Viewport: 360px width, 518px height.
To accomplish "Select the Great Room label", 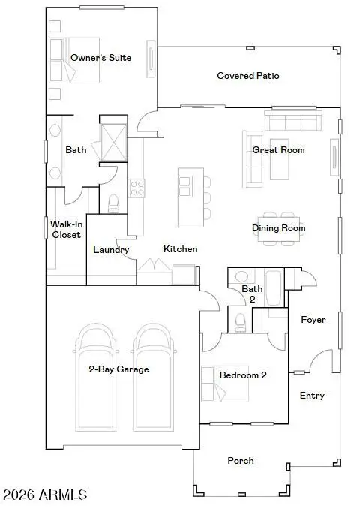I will click(x=278, y=150).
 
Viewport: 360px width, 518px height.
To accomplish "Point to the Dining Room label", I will click(x=278, y=228).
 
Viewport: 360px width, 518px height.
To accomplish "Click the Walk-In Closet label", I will click(x=65, y=229).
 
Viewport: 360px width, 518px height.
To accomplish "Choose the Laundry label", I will click(x=111, y=250).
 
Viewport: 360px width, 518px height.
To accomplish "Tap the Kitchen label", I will click(x=180, y=249).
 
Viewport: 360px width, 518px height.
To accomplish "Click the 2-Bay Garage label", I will click(x=118, y=369).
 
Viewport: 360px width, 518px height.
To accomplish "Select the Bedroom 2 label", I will click(x=243, y=375).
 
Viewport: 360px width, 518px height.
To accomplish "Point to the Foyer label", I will click(x=313, y=320).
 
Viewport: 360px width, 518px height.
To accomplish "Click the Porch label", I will click(x=241, y=461).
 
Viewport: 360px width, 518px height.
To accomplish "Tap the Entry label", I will click(x=312, y=396).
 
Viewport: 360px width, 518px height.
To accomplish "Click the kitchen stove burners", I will click(x=136, y=188).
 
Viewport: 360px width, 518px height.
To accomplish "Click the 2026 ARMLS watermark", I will click(x=45, y=495).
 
